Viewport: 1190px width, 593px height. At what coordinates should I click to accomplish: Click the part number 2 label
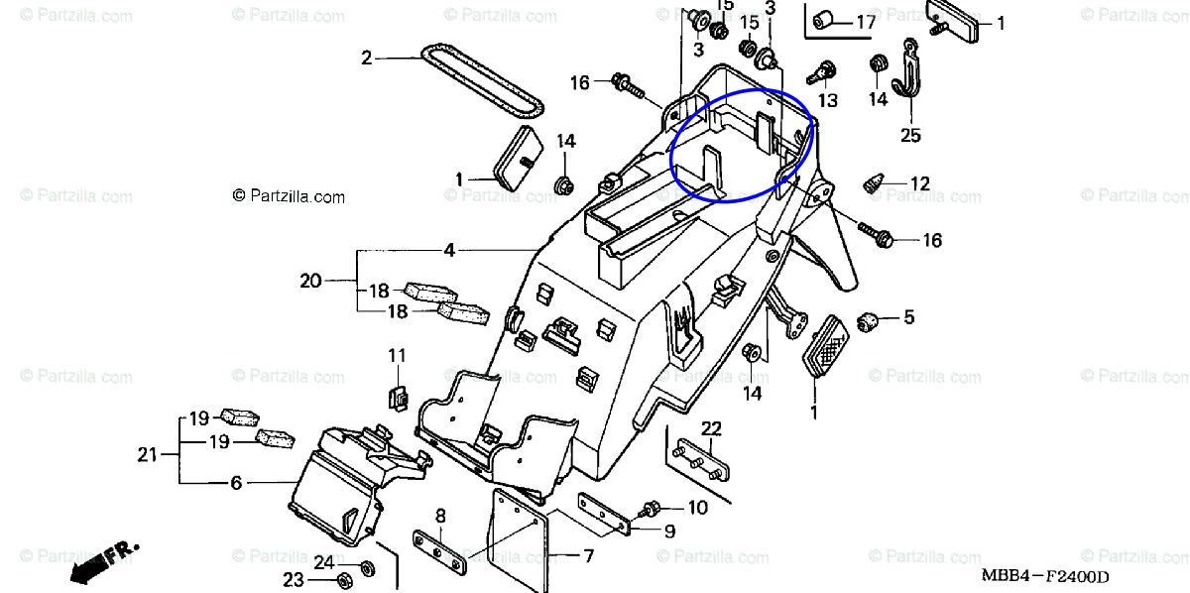tap(366, 59)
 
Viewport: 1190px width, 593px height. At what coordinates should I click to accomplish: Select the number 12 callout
tap(920, 183)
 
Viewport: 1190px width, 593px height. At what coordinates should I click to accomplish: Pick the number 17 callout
tap(865, 21)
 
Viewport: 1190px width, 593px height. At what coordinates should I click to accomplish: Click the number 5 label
tap(907, 318)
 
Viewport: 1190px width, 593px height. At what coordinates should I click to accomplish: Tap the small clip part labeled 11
tap(396, 398)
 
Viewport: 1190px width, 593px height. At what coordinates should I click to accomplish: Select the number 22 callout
tap(712, 428)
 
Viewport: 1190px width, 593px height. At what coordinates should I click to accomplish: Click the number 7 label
tap(588, 556)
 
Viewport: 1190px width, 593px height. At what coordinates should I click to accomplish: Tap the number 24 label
tap(324, 563)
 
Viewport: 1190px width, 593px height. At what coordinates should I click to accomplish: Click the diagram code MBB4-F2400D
tap(1044, 575)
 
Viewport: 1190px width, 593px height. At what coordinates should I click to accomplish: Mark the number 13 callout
tap(827, 100)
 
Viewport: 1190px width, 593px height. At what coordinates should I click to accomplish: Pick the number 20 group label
tap(310, 281)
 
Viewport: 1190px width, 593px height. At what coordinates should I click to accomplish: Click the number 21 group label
tap(148, 455)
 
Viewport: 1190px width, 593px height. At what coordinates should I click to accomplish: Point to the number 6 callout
tap(236, 483)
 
